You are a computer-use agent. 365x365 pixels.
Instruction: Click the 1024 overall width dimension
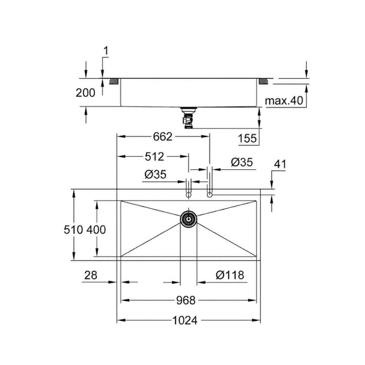pos(185,320)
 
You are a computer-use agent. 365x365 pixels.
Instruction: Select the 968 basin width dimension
pos(186,300)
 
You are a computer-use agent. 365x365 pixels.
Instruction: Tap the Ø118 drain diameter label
pos(230,275)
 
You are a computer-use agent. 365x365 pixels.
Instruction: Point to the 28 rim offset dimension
pos(91,275)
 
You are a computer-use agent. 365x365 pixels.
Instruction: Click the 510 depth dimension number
pos(73,230)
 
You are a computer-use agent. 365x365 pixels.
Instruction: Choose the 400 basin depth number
pos(96,230)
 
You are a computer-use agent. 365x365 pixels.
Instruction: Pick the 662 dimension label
pos(163,137)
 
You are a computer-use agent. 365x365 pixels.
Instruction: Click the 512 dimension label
pos(154,157)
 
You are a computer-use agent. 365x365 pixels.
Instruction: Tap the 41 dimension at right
pos(280,164)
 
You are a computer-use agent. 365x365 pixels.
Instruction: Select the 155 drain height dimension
pos(247,139)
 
